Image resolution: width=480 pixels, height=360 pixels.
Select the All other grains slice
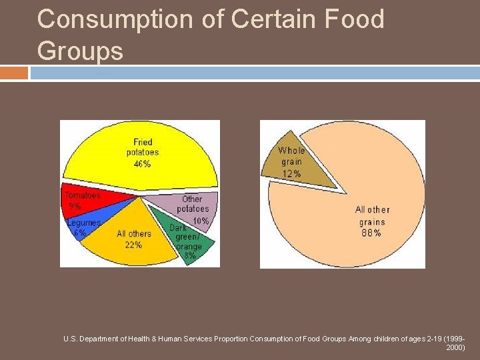373,207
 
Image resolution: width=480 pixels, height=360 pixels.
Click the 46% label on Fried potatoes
142,164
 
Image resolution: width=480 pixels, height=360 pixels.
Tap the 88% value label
372,233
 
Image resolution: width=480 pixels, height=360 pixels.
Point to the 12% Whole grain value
291,174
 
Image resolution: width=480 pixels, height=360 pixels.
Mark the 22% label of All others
133,245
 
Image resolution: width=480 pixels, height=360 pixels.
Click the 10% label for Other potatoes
200,221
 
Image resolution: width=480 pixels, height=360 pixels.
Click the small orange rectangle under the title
14,73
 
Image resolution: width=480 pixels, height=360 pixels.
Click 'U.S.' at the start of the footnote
69,339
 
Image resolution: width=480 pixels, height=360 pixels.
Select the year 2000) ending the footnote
455,347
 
